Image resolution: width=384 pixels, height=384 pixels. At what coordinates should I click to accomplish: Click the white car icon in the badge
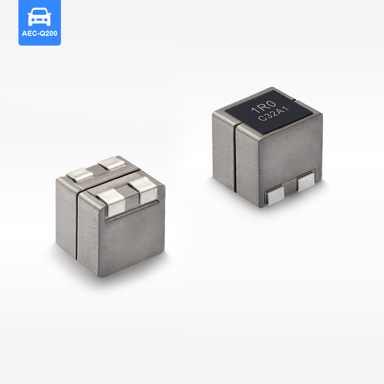click(x=39, y=17)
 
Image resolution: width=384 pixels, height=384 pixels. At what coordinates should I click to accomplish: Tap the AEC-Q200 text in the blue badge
click(x=39, y=33)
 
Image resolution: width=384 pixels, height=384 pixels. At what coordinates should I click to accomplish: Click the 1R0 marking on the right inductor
click(x=264, y=106)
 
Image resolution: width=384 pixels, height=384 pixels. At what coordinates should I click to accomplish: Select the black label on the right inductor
click(x=269, y=112)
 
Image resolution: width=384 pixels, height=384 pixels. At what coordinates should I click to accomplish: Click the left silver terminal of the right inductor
click(x=275, y=195)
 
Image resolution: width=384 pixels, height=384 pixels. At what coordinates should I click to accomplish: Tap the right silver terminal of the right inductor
click(x=306, y=181)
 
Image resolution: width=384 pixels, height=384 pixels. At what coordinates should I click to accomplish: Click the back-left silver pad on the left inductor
click(x=80, y=175)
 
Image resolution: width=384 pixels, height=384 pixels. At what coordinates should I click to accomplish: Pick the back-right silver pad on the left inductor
click(x=112, y=163)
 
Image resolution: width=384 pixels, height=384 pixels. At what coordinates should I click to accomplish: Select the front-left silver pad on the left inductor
click(x=112, y=202)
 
